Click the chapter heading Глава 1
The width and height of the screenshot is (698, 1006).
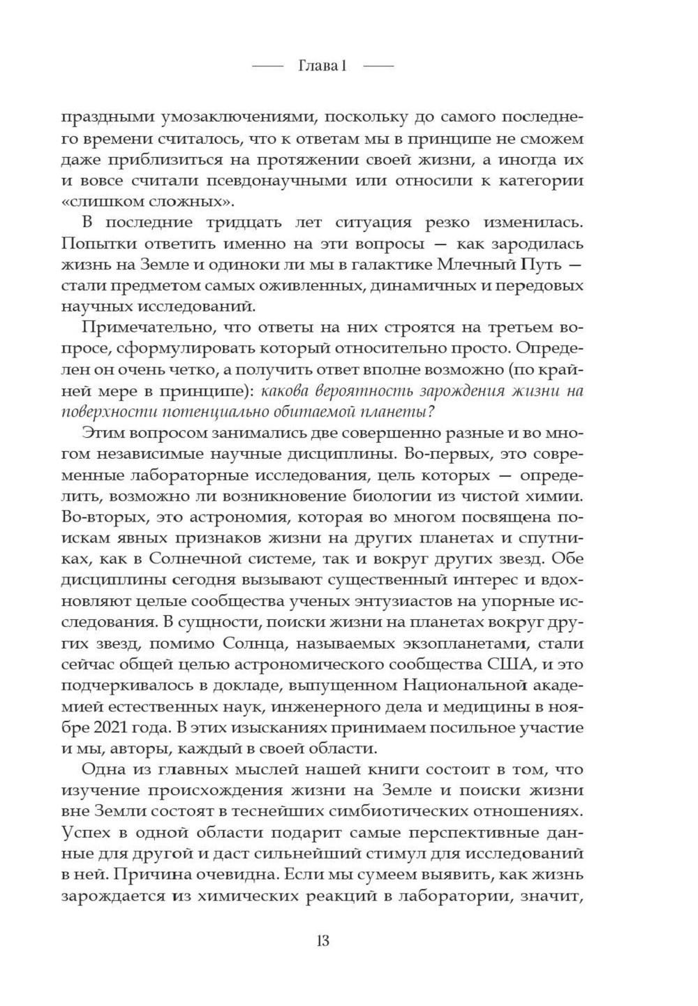tap(322, 66)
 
